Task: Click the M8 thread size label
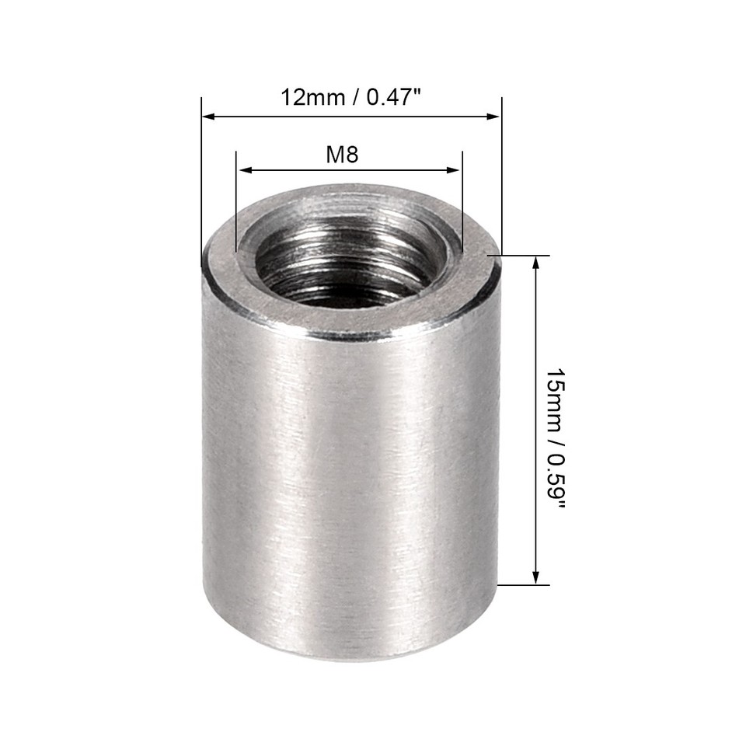(342, 154)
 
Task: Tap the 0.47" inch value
(393, 98)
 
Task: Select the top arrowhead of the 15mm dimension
(535, 263)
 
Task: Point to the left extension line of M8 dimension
(235, 202)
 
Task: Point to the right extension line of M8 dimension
(462, 202)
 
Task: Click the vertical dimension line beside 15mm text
(535, 420)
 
